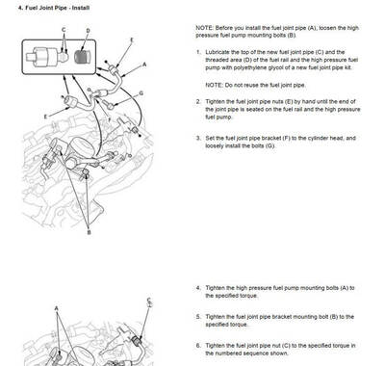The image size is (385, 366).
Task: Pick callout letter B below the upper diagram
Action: (90, 232)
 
